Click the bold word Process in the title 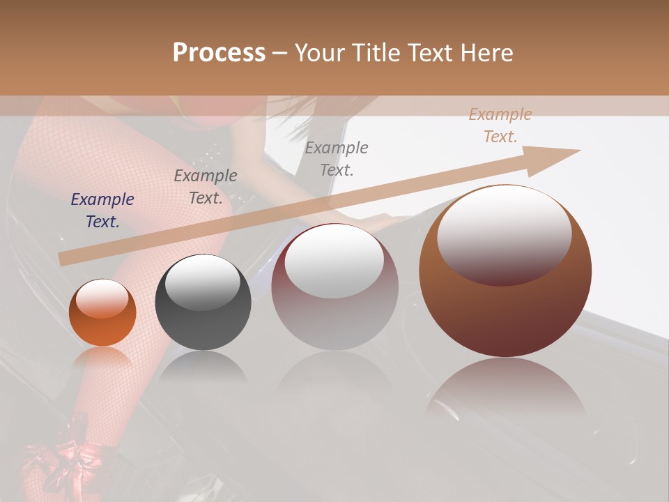[219, 53]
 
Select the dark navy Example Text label [102, 211]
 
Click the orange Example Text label [500, 125]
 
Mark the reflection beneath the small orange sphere [102, 359]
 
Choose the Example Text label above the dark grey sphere [205, 187]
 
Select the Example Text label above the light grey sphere [337, 158]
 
